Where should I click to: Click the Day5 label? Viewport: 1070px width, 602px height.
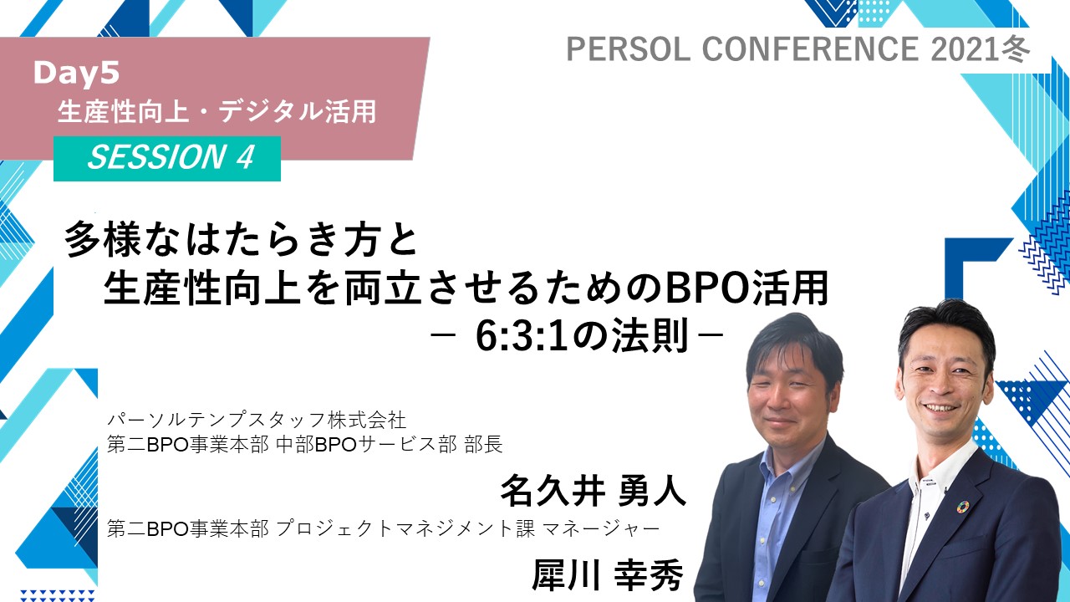(x=76, y=74)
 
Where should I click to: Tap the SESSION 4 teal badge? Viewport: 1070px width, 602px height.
(x=166, y=158)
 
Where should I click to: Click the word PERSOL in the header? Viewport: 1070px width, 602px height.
(x=628, y=48)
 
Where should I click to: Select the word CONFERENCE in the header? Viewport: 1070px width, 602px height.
(x=811, y=48)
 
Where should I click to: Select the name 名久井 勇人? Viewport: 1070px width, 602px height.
(x=593, y=490)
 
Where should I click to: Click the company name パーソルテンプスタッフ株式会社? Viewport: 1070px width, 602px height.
(x=257, y=421)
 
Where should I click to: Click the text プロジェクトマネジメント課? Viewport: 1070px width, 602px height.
(x=405, y=528)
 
